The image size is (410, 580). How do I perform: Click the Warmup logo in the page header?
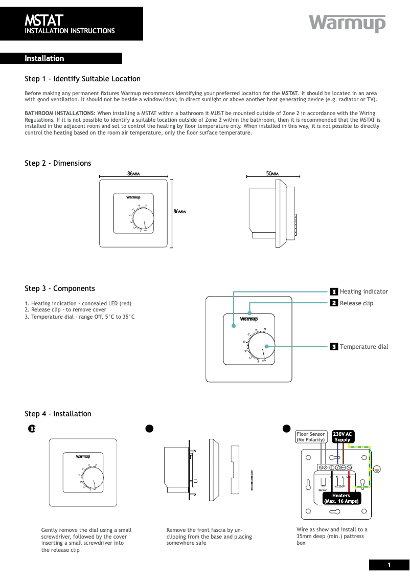[347, 24]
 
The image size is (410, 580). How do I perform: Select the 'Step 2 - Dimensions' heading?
[58, 163]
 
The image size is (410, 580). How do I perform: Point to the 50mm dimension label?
[272, 174]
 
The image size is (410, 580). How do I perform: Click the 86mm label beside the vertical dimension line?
[179, 211]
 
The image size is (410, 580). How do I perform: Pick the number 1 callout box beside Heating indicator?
[333, 292]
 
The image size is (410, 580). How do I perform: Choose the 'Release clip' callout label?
[356, 303]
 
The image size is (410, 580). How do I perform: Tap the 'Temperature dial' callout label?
[363, 347]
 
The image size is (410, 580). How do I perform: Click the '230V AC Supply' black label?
[343, 437]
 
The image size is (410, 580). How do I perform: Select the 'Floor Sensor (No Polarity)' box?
[311, 437]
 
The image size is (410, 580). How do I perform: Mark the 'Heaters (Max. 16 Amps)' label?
[341, 498]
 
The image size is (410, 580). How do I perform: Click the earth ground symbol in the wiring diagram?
[377, 469]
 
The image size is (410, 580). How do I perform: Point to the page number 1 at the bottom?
[389, 565]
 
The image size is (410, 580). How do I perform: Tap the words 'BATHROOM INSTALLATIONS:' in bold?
[60, 113]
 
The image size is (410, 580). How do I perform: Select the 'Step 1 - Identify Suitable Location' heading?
[82, 79]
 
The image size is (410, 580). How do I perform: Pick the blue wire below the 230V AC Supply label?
[337, 454]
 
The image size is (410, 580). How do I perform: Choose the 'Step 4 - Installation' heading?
[58, 414]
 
